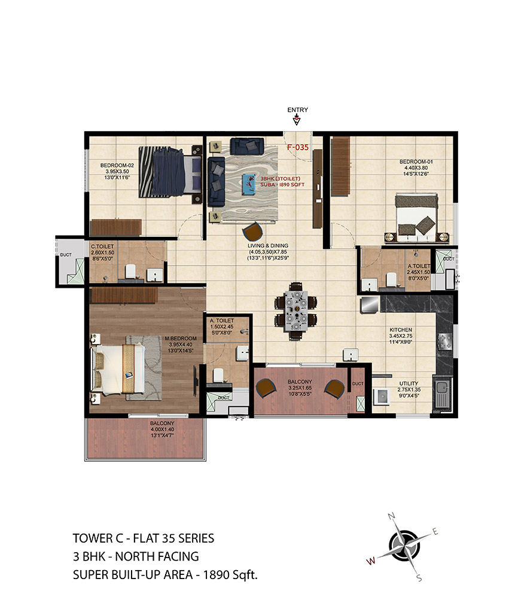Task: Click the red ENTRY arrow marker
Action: coord(297,120)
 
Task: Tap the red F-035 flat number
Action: coord(298,147)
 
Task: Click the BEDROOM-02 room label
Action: coord(117,165)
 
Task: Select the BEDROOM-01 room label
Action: coord(416,162)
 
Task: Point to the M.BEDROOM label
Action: coord(181,339)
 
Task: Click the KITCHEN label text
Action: coord(401,330)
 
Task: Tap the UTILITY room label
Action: coord(409,383)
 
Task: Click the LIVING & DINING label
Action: coord(268,246)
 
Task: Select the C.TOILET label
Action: coord(102,246)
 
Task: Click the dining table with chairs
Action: coord(295,310)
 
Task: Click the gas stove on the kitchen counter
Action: coord(445,342)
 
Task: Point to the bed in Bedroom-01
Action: coord(416,218)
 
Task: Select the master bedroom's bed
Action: coord(118,370)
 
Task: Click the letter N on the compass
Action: coord(392,516)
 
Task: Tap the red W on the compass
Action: coord(371,561)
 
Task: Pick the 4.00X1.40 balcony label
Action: coord(162,429)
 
